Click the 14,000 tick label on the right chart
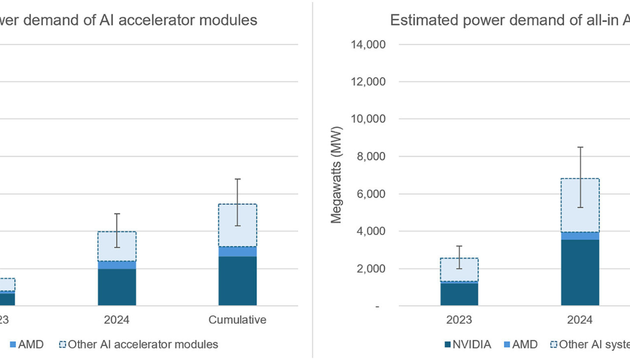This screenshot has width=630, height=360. [x=368, y=45]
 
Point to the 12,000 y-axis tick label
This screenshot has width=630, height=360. [x=368, y=82]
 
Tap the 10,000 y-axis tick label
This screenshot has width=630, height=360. [x=368, y=120]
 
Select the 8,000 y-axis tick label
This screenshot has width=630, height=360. [x=371, y=157]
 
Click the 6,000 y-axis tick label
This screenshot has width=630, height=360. [x=371, y=194]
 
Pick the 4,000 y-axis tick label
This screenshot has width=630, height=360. [x=371, y=232]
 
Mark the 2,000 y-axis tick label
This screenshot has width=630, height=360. [x=371, y=269]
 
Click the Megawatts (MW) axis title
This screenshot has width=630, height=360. [x=336, y=175]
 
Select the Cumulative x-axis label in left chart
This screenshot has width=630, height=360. [x=237, y=320]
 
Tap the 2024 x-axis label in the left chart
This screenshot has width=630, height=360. [x=117, y=320]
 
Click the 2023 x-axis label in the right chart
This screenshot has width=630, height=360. [x=459, y=320]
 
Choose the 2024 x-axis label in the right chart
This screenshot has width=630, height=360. [x=580, y=320]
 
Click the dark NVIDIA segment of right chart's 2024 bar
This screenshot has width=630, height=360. [x=580, y=272]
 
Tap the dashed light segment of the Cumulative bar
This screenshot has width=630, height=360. [x=237, y=225]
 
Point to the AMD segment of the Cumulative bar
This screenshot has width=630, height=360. [x=237, y=251]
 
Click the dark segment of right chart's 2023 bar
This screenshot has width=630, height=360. [x=459, y=295]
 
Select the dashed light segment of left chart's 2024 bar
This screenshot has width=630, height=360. [x=117, y=246]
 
